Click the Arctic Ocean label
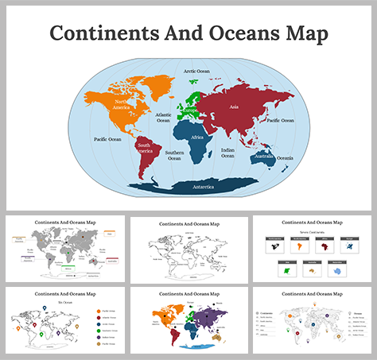tap(196, 71)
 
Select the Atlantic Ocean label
tap(164, 118)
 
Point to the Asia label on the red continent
tap(234, 106)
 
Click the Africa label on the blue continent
tap(197, 137)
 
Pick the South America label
tap(145, 149)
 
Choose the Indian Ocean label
tap(227, 153)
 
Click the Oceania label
tap(284, 158)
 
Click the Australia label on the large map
tap(263, 157)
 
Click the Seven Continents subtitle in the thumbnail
tap(314, 231)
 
